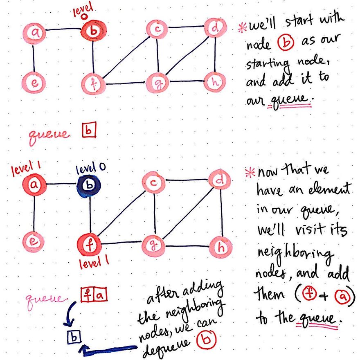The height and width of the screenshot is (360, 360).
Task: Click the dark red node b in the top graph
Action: coord(93,32)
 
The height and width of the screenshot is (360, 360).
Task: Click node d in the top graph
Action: coord(214,28)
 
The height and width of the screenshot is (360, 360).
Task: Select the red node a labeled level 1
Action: coord(34,185)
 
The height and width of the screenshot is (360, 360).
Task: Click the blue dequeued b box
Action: coord(75,337)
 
